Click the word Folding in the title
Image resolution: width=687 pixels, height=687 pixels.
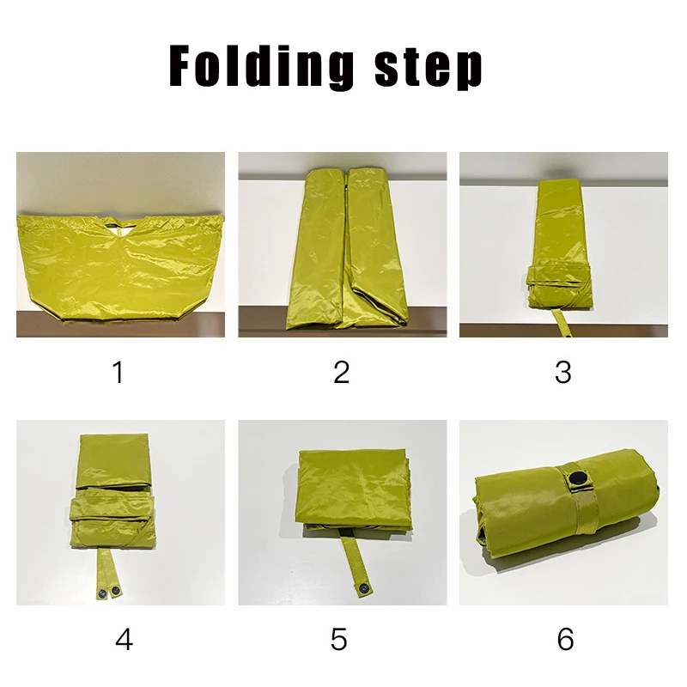pos(261,66)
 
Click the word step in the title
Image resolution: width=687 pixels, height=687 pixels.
pos(428,70)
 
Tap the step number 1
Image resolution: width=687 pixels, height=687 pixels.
pos(118,372)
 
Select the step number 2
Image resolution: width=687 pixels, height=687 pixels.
pos(341,372)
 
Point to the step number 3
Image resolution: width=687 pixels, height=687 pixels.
pos(563,372)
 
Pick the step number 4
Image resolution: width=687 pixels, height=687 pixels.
pos(124,639)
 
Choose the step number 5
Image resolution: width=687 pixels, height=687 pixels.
pos(338,639)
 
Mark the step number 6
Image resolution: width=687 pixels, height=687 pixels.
pos(565,639)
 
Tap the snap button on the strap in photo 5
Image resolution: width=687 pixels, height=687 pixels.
pos(364,588)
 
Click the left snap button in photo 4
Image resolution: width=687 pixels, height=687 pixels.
pos(102,593)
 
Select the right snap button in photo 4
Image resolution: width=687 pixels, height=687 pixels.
pos(115,591)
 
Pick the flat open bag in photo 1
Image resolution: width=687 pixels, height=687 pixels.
pos(120,268)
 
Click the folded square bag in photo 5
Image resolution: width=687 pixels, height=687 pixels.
pos(355,489)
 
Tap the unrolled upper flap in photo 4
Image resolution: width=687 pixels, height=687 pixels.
pos(115,461)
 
